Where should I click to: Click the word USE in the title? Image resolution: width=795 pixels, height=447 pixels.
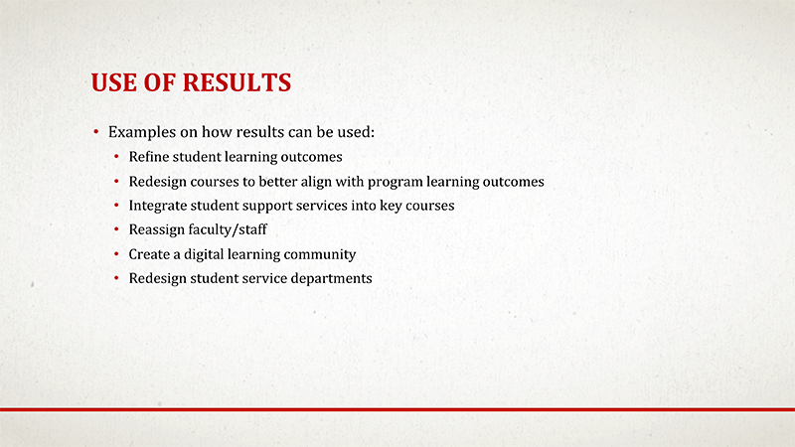(x=111, y=82)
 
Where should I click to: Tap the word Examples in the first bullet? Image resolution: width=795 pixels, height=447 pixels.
(x=139, y=132)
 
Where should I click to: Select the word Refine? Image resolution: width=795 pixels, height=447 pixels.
(x=149, y=157)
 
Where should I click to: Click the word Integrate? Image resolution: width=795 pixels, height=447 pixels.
(x=159, y=206)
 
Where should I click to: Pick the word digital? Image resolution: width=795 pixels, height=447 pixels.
(x=207, y=254)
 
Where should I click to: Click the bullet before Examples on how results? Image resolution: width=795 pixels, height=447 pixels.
(x=96, y=132)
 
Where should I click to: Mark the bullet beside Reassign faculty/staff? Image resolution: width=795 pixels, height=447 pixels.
(x=117, y=230)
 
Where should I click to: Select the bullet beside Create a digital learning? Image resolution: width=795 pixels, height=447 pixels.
(x=117, y=255)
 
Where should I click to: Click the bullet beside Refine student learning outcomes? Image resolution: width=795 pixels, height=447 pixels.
(x=117, y=157)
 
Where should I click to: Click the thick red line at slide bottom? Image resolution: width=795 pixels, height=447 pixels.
(x=397, y=408)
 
